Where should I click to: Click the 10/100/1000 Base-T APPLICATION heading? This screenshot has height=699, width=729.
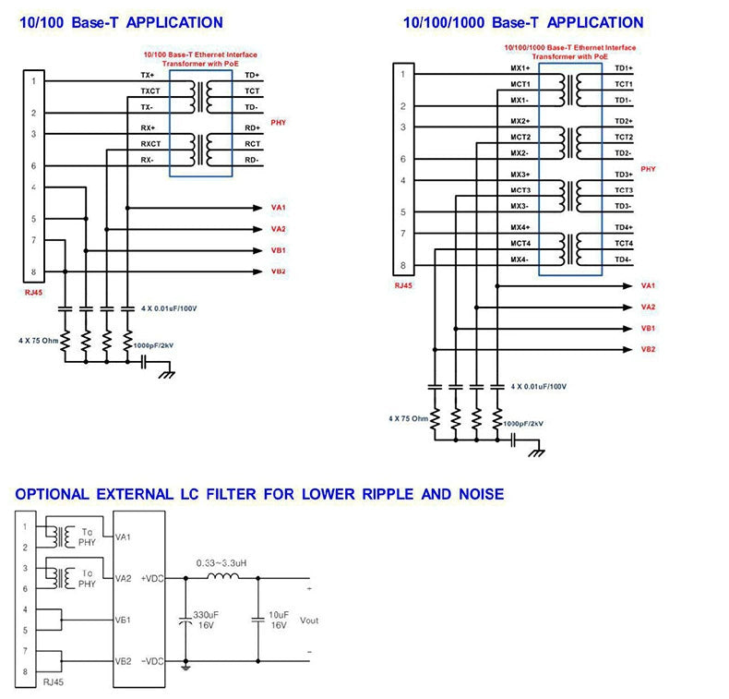(523, 22)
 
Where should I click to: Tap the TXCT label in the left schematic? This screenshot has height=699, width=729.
(149, 91)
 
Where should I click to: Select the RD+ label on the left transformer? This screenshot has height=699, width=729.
(252, 127)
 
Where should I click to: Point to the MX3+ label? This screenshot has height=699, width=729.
(520, 175)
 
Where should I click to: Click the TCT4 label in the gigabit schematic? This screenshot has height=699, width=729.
(624, 243)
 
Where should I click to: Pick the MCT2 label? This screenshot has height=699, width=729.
(520, 137)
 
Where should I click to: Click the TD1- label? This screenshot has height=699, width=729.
(624, 100)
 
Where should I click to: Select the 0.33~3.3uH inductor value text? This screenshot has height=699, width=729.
(221, 561)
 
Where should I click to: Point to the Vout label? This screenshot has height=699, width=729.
(309, 621)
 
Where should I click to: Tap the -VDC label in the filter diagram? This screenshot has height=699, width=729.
(153, 661)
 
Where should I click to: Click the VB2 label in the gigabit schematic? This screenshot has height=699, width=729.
(649, 349)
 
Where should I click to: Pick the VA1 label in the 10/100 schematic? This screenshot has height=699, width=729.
(278, 207)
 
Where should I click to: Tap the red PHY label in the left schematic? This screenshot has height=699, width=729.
(279, 123)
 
